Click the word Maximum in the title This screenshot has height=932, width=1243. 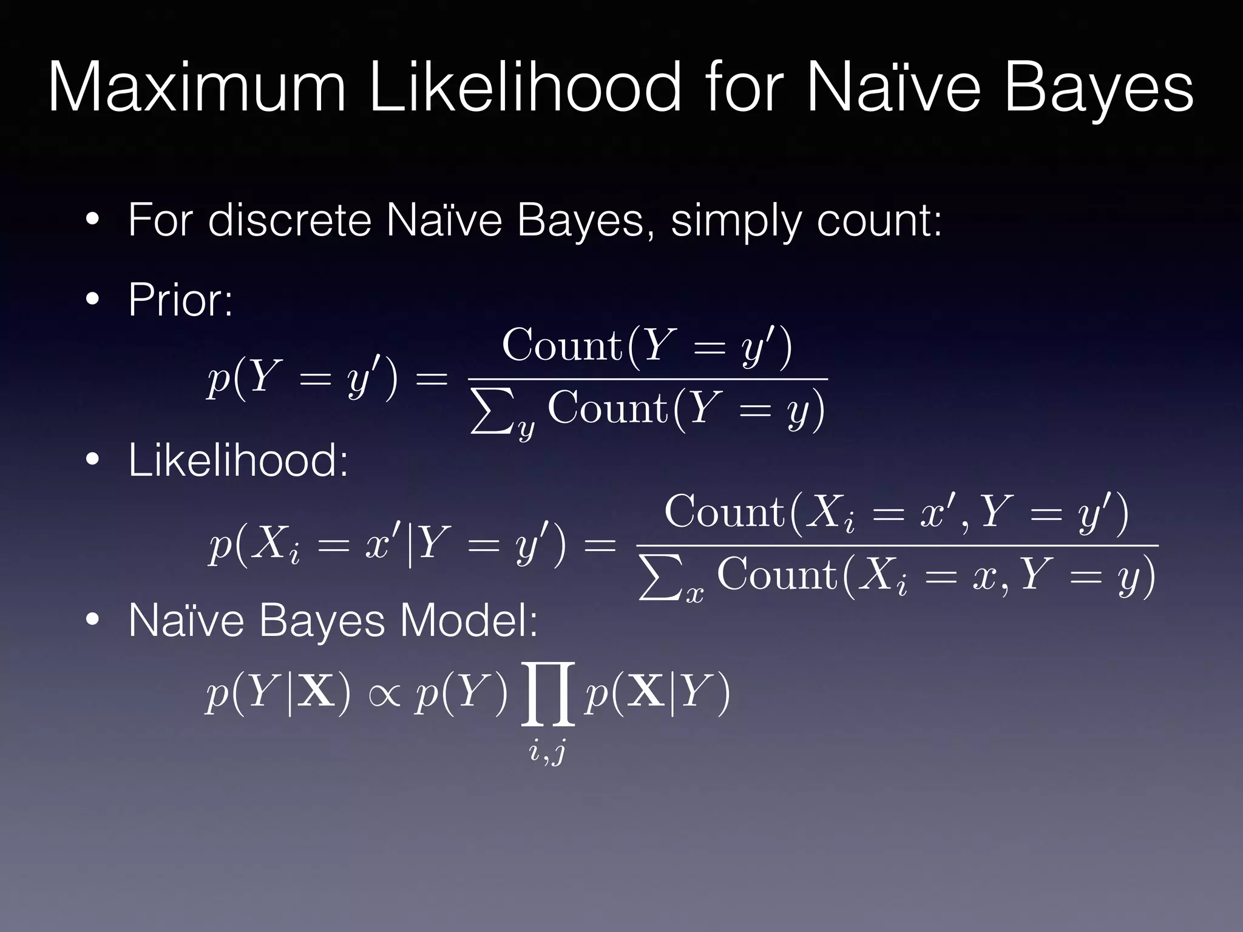point(197,89)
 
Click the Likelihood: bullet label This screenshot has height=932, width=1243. point(238,461)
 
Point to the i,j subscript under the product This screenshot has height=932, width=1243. point(547,752)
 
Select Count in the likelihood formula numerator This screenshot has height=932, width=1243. point(725,513)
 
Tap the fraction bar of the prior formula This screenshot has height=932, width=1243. point(648,379)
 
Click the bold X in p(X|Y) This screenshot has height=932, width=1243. point(646,693)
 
